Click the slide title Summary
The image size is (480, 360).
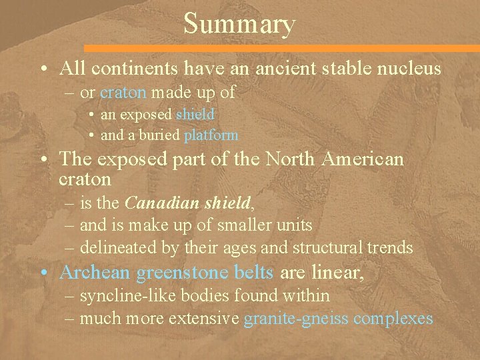click(239, 24)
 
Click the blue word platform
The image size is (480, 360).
click(211, 135)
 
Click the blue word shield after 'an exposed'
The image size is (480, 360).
click(195, 115)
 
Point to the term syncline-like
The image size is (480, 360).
click(120, 295)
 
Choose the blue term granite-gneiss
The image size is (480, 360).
click(296, 319)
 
